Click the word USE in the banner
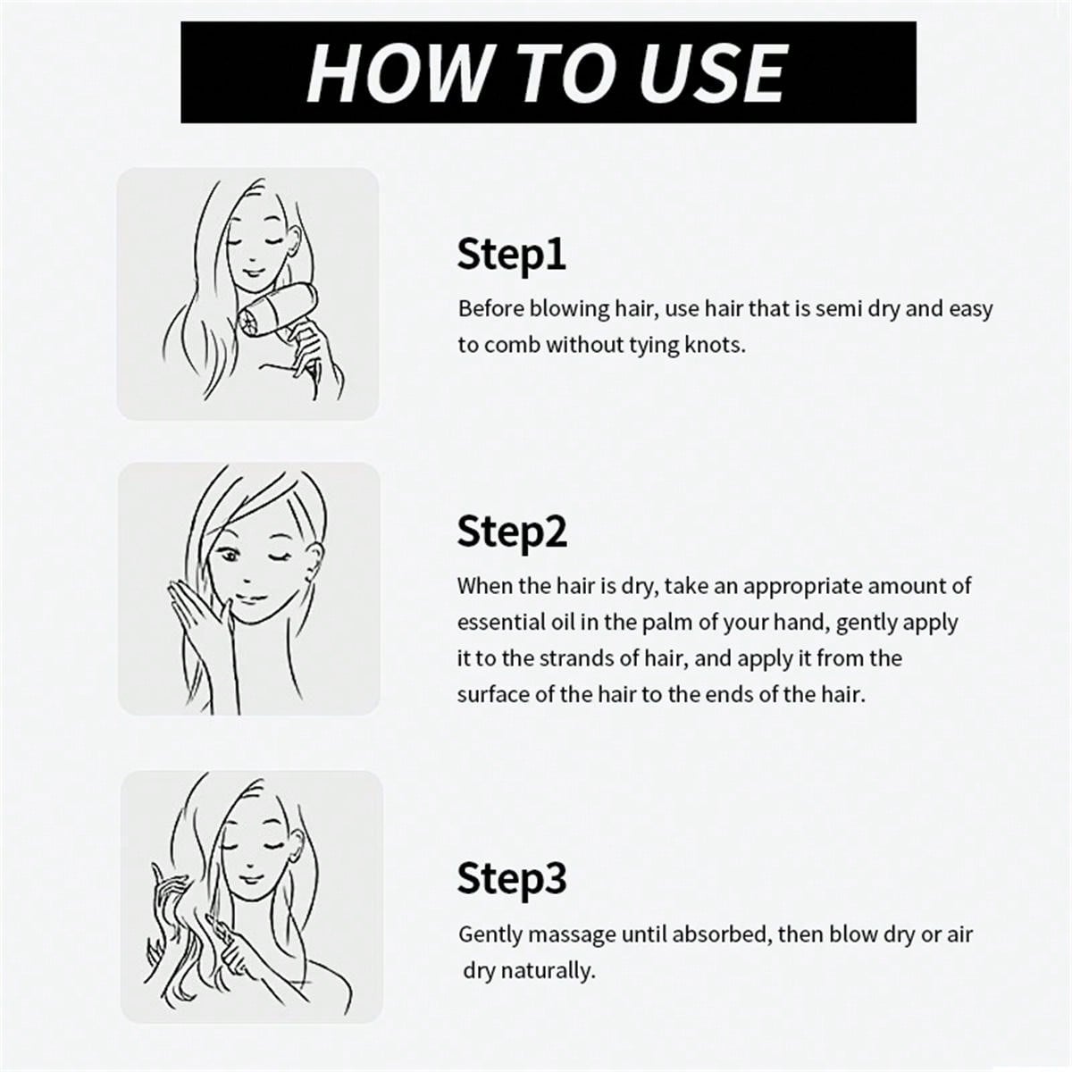click(713, 73)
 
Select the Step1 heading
click(511, 255)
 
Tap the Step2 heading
click(512, 532)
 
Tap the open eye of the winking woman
click(229, 554)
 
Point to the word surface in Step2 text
click(493, 694)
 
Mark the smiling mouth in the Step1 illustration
click(254, 273)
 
